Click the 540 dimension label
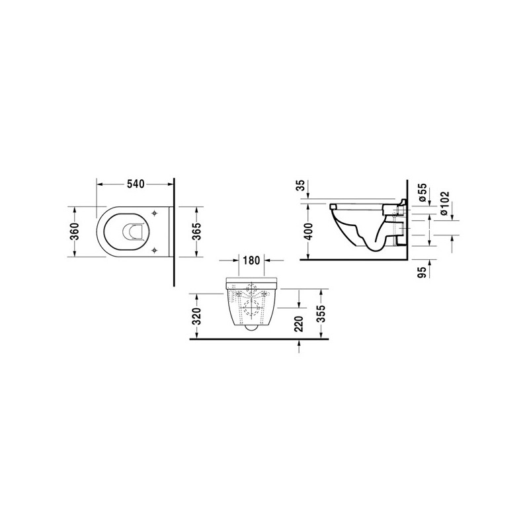click(x=136, y=184)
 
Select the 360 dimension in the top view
click(x=75, y=231)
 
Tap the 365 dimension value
click(x=196, y=231)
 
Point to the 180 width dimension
click(x=251, y=260)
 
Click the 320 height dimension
click(x=196, y=316)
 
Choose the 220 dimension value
click(x=299, y=324)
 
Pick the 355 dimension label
click(x=322, y=313)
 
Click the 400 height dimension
click(x=307, y=231)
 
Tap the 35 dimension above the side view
click(x=300, y=185)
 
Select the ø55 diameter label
click(x=423, y=192)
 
